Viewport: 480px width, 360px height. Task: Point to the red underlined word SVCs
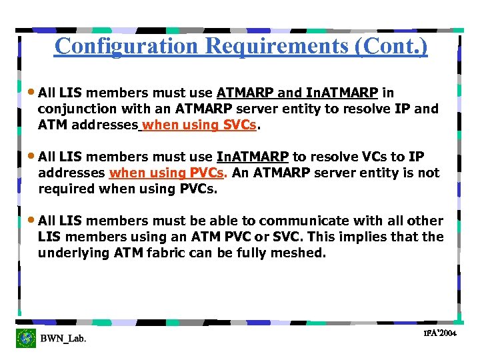pyautogui.click(x=241, y=125)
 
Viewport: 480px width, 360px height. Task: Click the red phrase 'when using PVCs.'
pyautogui.click(x=169, y=173)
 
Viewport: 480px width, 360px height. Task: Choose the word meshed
pyautogui.click(x=299, y=253)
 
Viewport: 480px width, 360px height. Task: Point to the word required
pyautogui.click(x=67, y=189)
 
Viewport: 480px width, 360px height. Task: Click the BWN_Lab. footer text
pyautogui.click(x=63, y=339)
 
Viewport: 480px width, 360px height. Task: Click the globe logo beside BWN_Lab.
pyautogui.click(x=27, y=338)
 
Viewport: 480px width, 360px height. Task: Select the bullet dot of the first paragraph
pyautogui.click(x=33, y=93)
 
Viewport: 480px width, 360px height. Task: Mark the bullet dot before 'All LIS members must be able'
pyautogui.click(x=33, y=221)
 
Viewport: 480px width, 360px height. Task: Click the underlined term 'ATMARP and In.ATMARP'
pyautogui.click(x=297, y=93)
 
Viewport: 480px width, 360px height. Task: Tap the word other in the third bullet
pyautogui.click(x=425, y=221)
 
